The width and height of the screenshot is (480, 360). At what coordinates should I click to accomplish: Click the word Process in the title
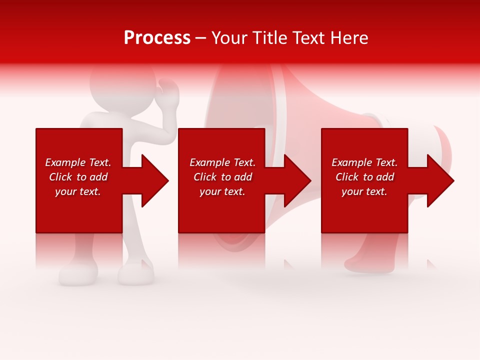157,38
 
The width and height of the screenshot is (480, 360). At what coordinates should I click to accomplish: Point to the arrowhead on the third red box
439,180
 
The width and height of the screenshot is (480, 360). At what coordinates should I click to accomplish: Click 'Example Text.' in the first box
78,162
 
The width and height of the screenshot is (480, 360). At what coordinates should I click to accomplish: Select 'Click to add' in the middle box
222,177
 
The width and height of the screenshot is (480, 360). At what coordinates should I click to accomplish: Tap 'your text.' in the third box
364,191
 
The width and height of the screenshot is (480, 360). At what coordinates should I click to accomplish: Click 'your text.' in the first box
78,191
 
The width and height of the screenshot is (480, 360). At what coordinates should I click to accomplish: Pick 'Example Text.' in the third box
364,162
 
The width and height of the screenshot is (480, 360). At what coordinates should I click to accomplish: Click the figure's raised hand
169,93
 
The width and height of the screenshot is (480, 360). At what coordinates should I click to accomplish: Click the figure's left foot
77,273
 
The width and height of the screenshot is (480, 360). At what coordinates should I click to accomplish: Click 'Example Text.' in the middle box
222,162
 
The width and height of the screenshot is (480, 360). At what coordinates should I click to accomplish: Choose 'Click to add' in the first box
78,177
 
